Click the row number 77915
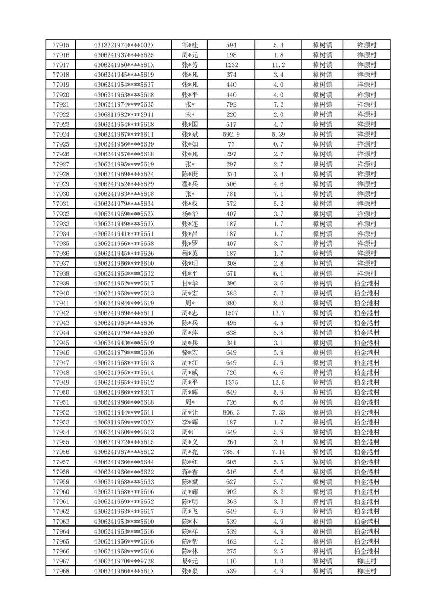point(60,45)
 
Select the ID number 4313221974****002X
point(124,45)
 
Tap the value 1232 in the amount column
point(231,65)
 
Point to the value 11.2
point(278,65)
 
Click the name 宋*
point(190,115)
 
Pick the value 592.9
point(231,135)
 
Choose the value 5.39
point(278,135)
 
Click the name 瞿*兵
point(190,184)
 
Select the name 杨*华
point(190,214)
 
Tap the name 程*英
point(190,254)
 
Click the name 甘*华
point(190,283)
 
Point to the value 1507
point(231,313)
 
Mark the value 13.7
point(278,313)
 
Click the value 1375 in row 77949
point(231,383)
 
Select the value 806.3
point(231,412)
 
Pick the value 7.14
point(278,452)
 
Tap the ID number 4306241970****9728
point(124,561)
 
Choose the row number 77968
point(60,571)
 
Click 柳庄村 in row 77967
point(366,561)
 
